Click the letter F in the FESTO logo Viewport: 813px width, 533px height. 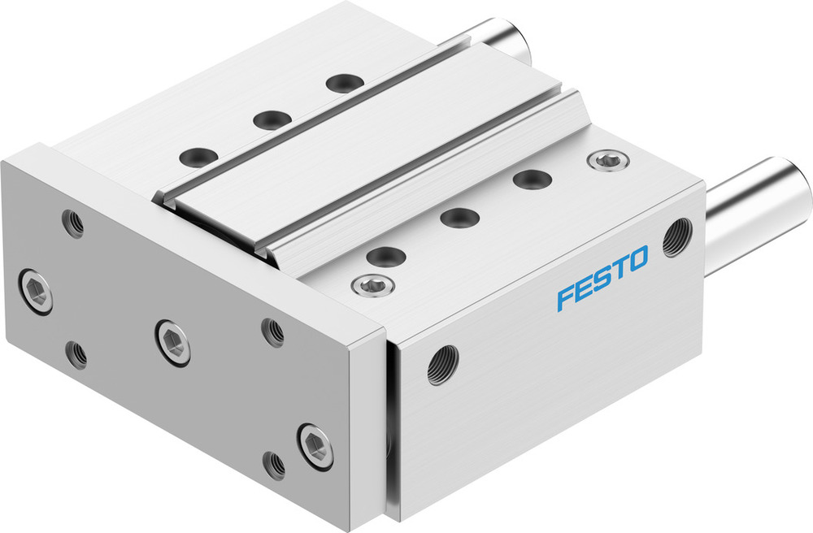pos(565,297)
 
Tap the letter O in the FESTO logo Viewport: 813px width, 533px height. pos(636,260)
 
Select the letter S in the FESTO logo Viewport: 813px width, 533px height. pos(601,278)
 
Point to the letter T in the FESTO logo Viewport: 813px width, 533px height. pos(618,268)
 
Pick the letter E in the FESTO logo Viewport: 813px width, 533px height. pos(583,288)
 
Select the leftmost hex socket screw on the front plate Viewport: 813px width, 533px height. pos(36,289)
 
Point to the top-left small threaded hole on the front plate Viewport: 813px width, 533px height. pos(73,223)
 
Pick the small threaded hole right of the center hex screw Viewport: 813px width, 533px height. pos(272,331)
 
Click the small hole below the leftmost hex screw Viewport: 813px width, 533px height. pos(76,353)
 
